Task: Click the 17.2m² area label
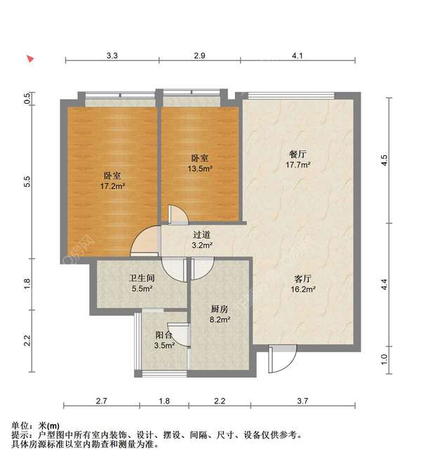(113, 187)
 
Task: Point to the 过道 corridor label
(201, 235)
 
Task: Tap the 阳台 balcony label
(164, 335)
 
